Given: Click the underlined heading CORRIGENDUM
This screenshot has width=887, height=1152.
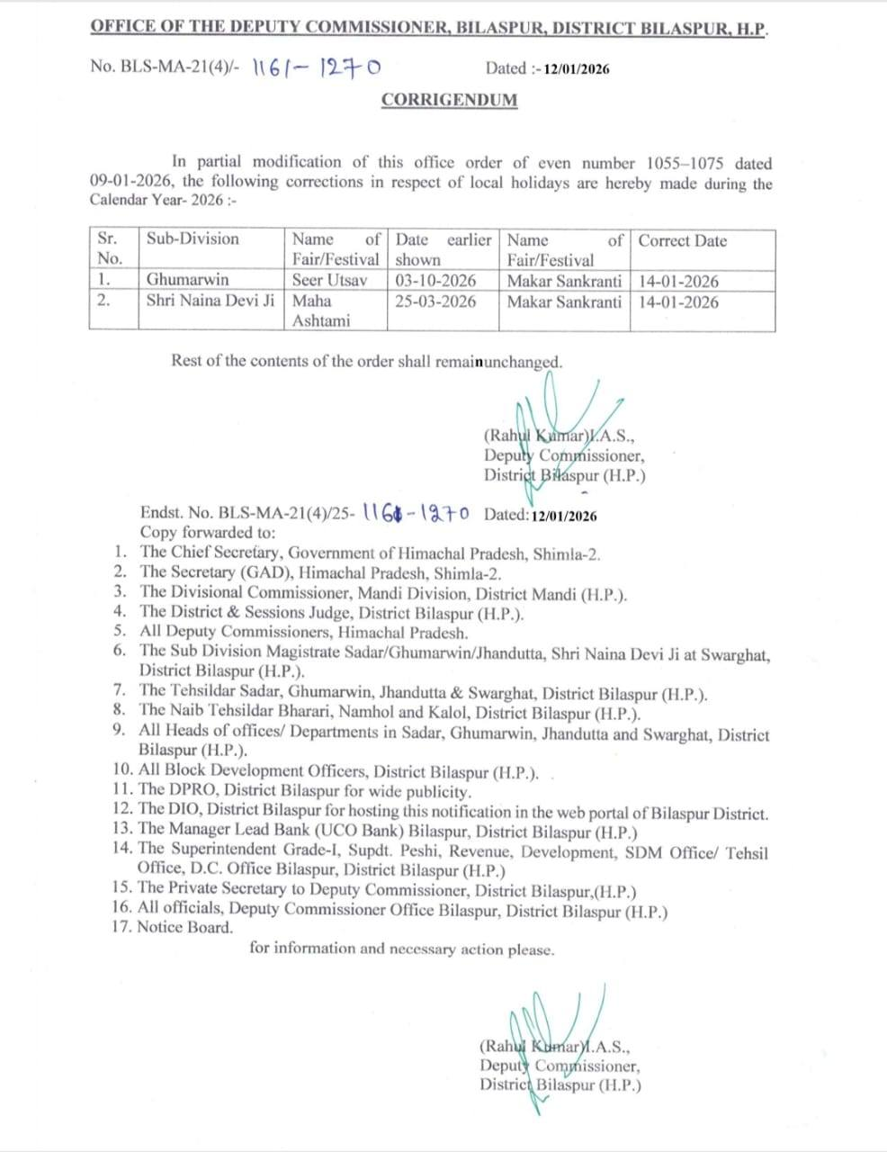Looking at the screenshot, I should pos(449,100).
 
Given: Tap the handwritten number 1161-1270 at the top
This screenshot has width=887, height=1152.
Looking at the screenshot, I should pos(316,67).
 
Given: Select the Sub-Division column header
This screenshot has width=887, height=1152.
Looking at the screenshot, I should pos(193,239).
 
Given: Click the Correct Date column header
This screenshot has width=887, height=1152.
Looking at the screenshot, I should pos(683,241).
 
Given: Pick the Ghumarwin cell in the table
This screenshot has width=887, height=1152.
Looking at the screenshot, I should pos(187,280).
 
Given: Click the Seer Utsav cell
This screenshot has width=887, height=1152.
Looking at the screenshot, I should pos(329,280).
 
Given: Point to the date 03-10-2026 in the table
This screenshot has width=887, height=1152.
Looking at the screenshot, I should pos(435,280).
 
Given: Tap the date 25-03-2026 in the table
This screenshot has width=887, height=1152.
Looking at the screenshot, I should pos(435,301).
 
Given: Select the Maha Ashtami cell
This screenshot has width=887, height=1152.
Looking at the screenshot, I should pos(321,310).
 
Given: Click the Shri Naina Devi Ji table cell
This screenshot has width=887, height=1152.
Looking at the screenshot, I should pos(211,301).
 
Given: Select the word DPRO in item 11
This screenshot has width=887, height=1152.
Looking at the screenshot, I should pos(192,792).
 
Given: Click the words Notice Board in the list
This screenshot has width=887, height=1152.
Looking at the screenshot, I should pos(184,927).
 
